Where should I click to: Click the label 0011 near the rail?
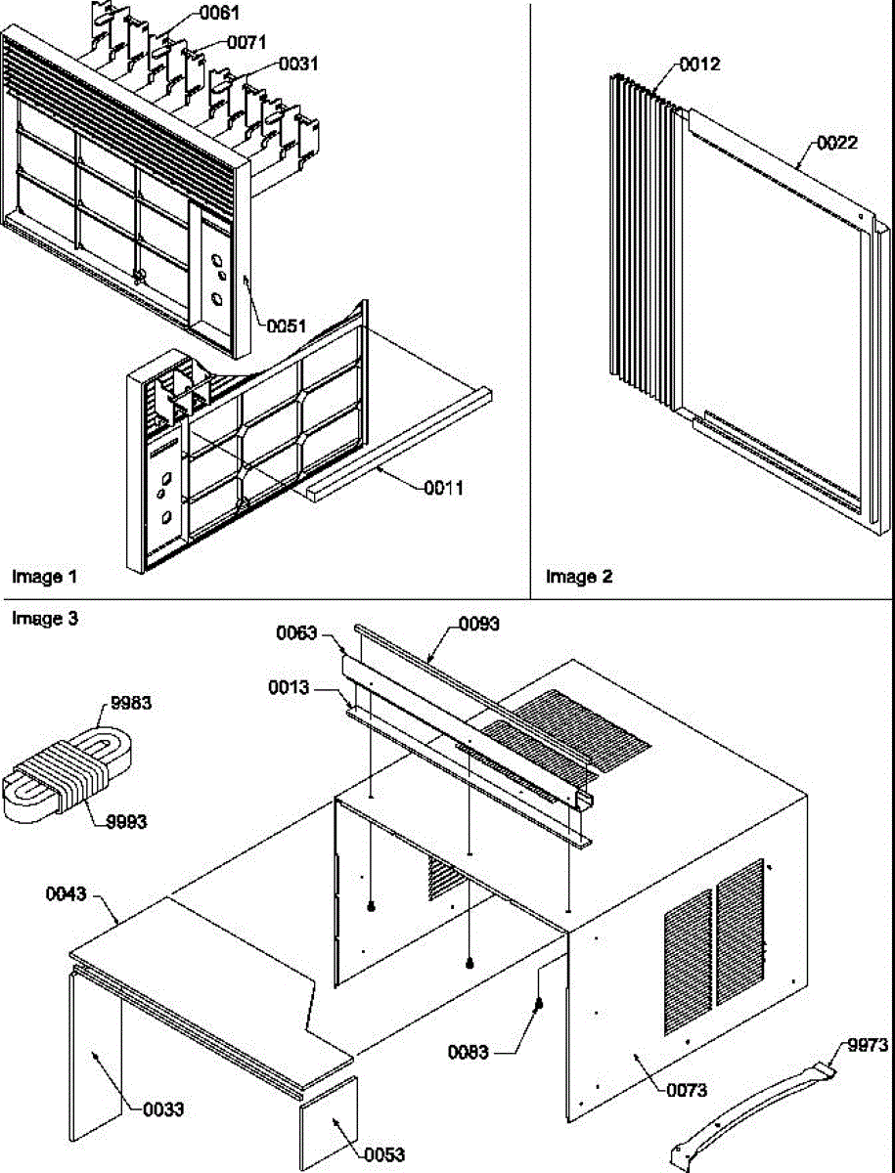[x=443, y=486]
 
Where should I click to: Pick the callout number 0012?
[x=699, y=65]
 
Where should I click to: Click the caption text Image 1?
[x=44, y=577]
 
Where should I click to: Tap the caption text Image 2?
[x=579, y=577]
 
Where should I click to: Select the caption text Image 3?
[x=44, y=618]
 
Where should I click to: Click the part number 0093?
[x=478, y=624]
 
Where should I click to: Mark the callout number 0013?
[x=289, y=688]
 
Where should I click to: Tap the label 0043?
[x=67, y=893]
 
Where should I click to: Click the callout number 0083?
[x=470, y=1052]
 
